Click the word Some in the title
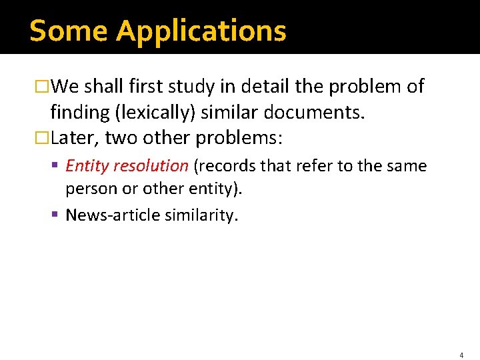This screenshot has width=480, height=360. point(69,31)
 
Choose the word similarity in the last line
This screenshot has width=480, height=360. point(204,215)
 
